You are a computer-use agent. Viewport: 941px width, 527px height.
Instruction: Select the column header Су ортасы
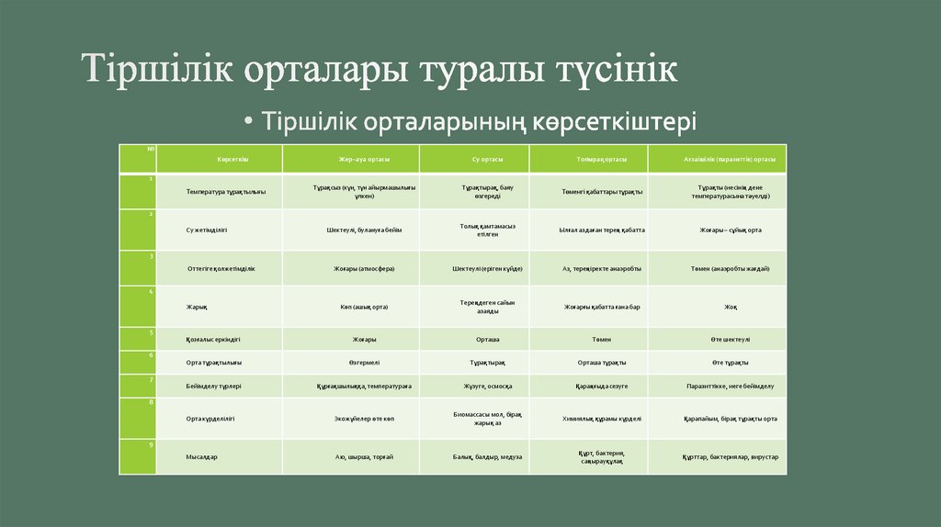point(487,159)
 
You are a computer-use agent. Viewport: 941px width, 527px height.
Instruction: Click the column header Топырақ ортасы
point(601,159)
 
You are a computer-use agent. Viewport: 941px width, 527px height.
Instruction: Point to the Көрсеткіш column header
point(233,159)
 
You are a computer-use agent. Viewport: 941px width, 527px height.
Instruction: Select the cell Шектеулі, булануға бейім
point(364,230)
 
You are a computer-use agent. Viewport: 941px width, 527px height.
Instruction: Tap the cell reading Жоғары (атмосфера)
point(364,268)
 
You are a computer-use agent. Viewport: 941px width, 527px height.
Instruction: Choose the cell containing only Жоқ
point(731,307)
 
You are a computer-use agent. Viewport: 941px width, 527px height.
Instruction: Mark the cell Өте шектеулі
point(731,339)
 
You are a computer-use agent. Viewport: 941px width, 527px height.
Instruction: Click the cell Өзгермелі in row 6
point(364,363)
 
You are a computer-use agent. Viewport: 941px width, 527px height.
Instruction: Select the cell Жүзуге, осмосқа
point(488,387)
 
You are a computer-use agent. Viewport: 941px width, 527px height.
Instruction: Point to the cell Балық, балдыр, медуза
point(488,456)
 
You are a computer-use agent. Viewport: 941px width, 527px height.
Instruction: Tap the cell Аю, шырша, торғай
point(364,456)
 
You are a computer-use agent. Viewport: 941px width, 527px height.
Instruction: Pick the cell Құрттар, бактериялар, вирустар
point(731,456)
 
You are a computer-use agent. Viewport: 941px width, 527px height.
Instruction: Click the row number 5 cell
point(138,338)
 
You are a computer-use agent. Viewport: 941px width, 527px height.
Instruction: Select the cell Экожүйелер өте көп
point(364,418)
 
